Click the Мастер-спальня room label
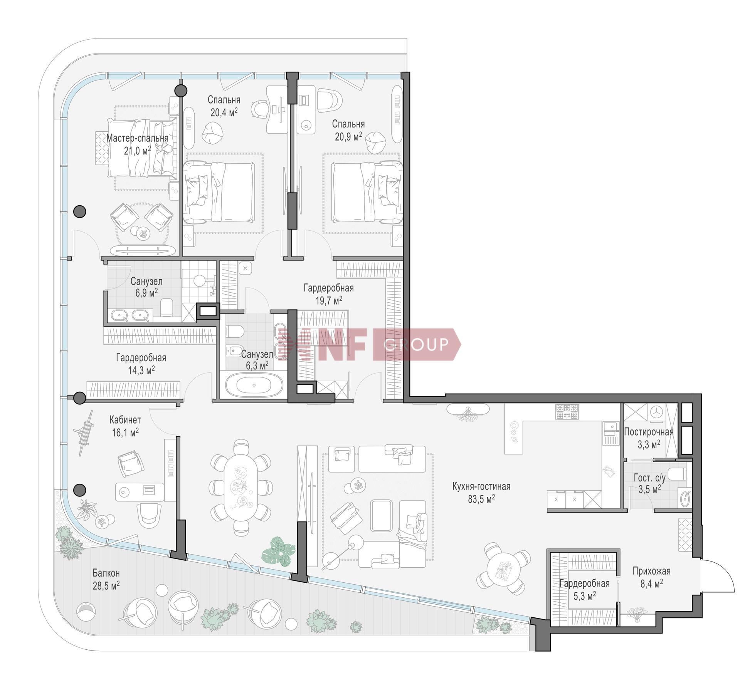click(137, 138)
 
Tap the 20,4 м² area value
click(224, 112)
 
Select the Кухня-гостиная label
click(481, 486)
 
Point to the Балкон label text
click(106, 573)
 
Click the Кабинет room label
click(125, 419)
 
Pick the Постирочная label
click(649, 432)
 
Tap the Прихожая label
click(651, 571)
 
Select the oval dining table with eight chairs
click(240, 489)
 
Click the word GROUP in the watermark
click(416, 344)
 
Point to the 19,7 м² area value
click(329, 300)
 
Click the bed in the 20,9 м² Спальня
click(366, 192)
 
